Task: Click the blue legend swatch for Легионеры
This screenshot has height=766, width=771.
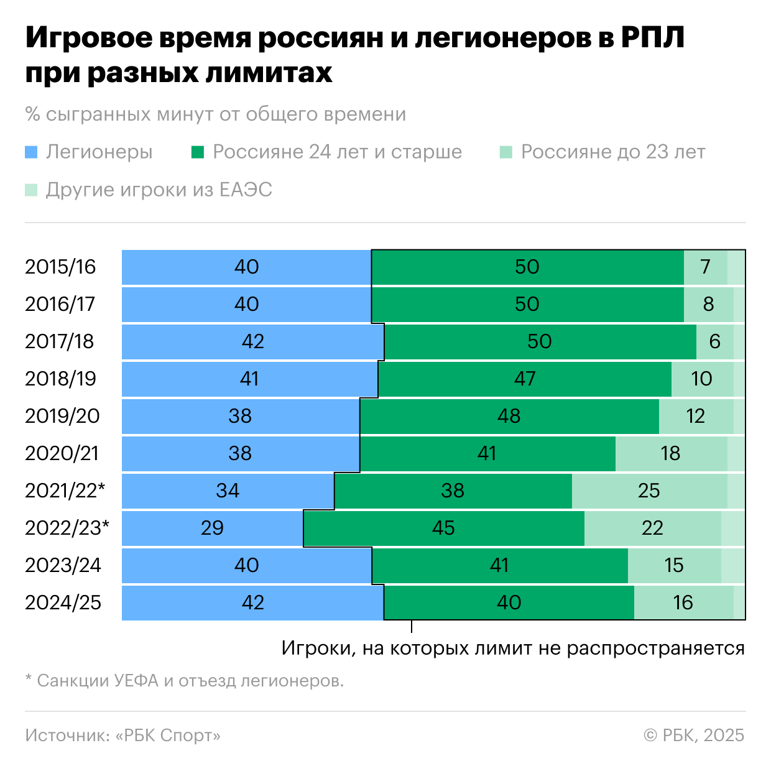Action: (x=32, y=152)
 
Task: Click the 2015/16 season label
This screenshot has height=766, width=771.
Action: (x=60, y=267)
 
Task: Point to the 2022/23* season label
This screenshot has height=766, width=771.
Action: (x=67, y=528)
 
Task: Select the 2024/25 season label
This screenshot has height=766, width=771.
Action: (x=63, y=602)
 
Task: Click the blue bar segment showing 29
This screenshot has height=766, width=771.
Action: (x=212, y=528)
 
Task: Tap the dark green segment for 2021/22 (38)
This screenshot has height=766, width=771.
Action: (x=453, y=491)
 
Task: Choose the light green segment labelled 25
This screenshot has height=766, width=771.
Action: (x=649, y=491)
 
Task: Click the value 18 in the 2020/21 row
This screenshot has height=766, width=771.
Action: (x=670, y=453)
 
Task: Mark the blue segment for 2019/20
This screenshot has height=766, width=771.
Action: (x=240, y=416)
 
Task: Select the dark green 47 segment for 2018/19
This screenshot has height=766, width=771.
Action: (x=524, y=379)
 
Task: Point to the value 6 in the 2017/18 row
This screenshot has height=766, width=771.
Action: (x=714, y=341)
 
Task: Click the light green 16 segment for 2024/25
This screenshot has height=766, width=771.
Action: (x=683, y=602)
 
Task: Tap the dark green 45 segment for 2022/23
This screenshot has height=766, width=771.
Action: (x=443, y=528)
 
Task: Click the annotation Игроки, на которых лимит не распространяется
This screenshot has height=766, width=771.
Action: (x=513, y=648)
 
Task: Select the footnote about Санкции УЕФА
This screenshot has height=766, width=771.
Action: (x=185, y=681)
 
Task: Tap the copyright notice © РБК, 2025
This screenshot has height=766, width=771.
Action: (x=694, y=736)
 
